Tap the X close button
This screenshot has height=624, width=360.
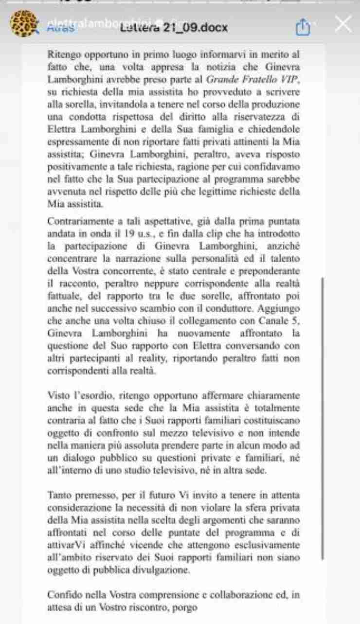point(343,24)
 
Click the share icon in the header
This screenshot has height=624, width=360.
point(303,27)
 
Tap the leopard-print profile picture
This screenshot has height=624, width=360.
point(24,24)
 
